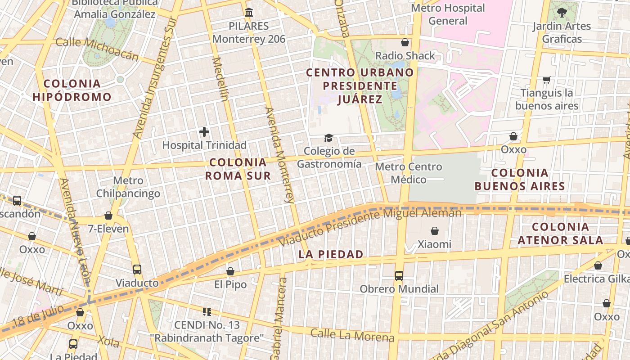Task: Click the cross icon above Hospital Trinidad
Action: pos(204,132)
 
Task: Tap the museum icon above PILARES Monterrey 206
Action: pos(249,12)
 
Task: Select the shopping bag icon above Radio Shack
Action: pos(405,42)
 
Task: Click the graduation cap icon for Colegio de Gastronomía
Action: pos(329,138)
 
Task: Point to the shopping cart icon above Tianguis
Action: pos(547,80)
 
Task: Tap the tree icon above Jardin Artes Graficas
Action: pos(562,13)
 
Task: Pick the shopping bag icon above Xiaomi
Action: pos(435,231)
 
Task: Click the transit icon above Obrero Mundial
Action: pos(399,275)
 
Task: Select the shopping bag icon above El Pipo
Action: pos(230,271)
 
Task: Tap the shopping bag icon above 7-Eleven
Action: pos(108,216)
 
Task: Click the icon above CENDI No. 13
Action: pos(207,311)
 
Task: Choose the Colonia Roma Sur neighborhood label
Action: pos(238,169)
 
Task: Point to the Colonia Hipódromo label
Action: pos(72,90)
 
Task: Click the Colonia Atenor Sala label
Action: pos(560,234)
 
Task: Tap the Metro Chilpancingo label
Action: pos(128,187)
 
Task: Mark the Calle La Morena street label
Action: pos(352,335)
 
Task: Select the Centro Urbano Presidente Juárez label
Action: pos(360,85)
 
